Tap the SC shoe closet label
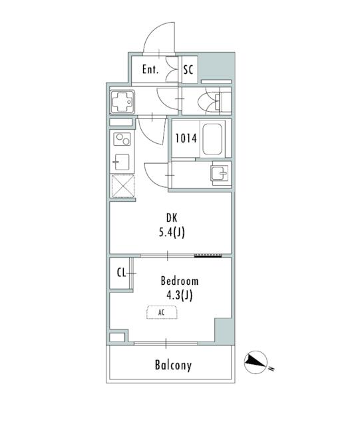188,69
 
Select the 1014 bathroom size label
185,138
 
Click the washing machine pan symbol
122,103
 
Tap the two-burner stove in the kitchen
122,140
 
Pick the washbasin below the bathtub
218,174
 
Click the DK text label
172,218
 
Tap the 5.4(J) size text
172,232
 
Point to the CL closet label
122,272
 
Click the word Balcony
173,365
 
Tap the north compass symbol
257,362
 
